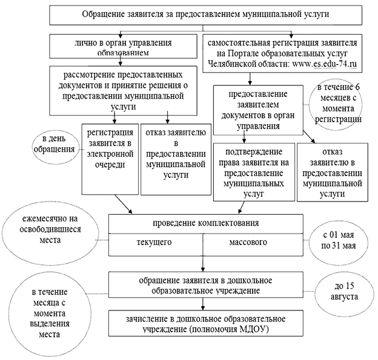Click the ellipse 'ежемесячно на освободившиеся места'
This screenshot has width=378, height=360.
51,234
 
